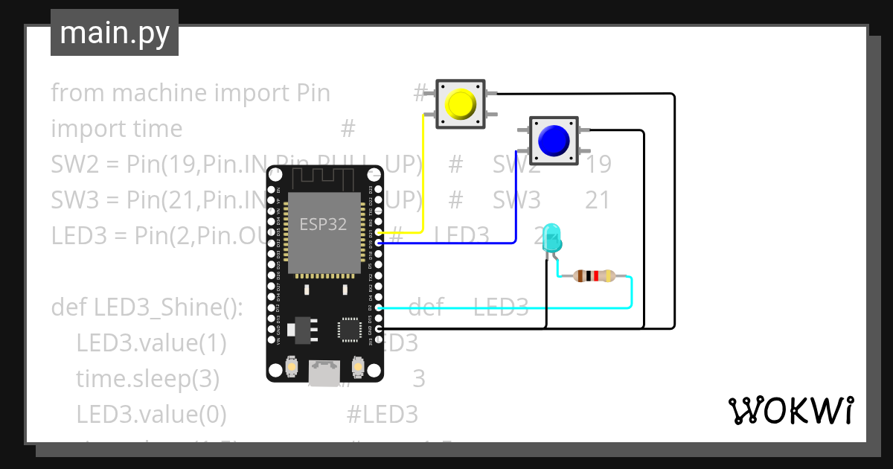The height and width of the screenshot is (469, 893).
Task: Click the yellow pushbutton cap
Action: point(460,105)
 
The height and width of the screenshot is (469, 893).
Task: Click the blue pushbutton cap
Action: point(554,140)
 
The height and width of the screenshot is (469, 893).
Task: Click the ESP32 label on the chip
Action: point(323,224)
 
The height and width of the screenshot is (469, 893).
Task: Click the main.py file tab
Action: point(114,33)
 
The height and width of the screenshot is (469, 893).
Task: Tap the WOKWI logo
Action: point(790,410)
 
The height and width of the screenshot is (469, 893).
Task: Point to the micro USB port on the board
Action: point(324,373)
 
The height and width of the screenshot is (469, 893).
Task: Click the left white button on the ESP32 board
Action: point(292,367)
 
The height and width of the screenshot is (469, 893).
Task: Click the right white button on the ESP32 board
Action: point(357,367)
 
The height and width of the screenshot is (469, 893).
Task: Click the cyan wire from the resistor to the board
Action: point(506,307)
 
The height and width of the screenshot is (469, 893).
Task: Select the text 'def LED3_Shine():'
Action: point(147,307)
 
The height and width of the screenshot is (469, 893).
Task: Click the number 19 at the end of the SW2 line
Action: point(598,165)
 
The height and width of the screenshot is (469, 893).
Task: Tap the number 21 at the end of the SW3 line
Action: point(598,200)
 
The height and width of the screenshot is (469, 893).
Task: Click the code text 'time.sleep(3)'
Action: point(147,379)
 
